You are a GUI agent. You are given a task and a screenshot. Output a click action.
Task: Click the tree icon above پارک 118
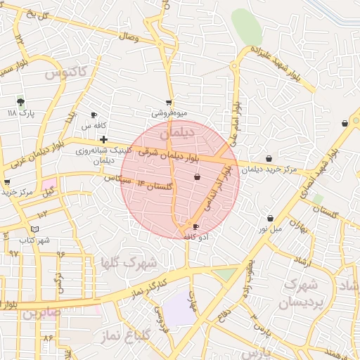click(20, 101)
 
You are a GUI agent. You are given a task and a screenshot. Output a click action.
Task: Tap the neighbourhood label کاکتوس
click(65, 72)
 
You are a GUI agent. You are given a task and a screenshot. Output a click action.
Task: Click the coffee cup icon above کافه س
click(94, 115)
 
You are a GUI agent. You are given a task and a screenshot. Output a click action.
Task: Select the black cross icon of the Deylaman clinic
click(103, 139)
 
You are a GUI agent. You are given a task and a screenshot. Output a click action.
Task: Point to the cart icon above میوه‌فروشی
click(169, 102)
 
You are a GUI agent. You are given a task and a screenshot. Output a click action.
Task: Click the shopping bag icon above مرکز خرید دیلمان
click(269, 159)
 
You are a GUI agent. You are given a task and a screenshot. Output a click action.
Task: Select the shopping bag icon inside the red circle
click(196, 176)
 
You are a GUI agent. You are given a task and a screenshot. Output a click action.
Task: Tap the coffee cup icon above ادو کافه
click(195, 226)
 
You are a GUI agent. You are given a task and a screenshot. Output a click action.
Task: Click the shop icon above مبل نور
click(270, 219)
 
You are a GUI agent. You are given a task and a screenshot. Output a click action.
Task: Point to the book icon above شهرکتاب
click(35, 229)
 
